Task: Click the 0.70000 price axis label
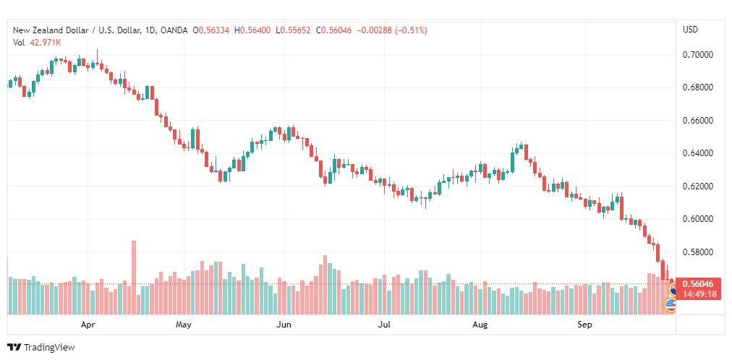tap(698, 55)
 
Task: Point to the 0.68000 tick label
tap(698, 87)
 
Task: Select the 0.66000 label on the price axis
tap(698, 120)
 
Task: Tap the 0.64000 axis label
tap(698, 153)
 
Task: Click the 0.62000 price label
tap(698, 187)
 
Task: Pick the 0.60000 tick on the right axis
tap(698, 219)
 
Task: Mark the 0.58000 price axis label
tap(698, 252)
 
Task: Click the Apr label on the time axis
tap(88, 325)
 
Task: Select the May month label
tap(184, 325)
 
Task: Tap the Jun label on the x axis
tap(284, 325)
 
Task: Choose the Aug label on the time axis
tap(480, 325)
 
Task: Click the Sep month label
tap(585, 325)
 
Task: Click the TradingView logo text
tap(49, 348)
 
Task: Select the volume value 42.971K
tap(45, 42)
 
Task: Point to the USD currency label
tap(690, 30)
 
